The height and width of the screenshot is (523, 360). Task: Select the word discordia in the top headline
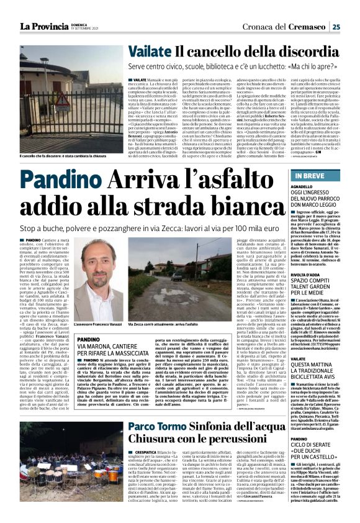(x=305, y=54)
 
